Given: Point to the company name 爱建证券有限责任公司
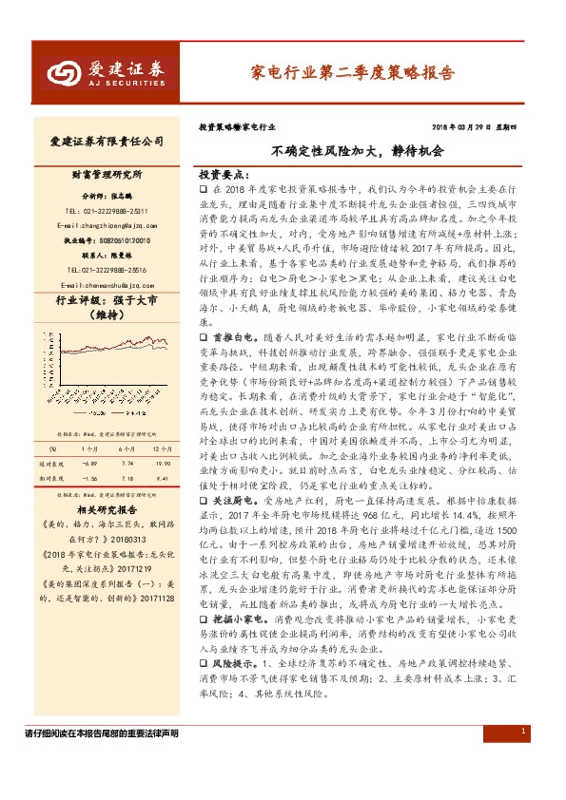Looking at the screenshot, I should pyautogui.click(x=107, y=142).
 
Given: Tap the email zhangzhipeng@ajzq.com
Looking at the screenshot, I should pyautogui.click(x=106, y=225).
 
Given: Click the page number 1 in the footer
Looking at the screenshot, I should pyautogui.click(x=523, y=757).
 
